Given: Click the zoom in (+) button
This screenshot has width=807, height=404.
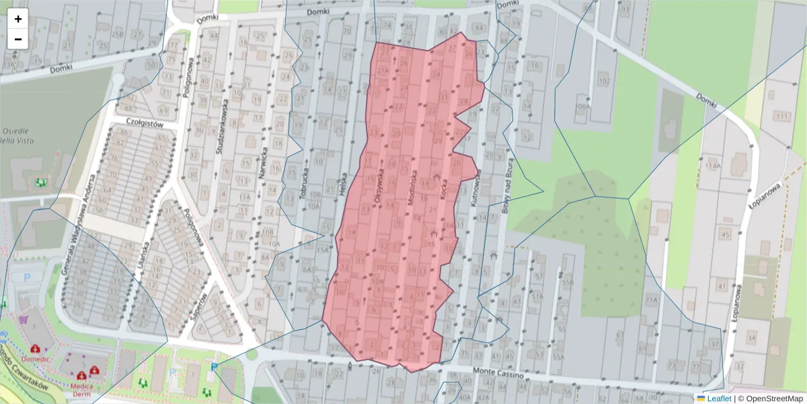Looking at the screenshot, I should (x=18, y=19).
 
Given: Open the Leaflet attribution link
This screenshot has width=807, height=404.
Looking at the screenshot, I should (x=718, y=399).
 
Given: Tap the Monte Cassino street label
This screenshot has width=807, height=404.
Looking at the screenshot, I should (x=498, y=372).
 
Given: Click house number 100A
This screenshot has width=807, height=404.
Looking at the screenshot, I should (x=582, y=106).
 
